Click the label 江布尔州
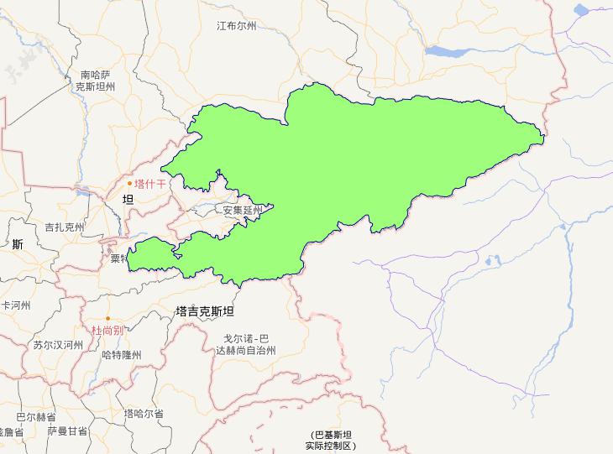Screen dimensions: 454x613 tap(236, 26)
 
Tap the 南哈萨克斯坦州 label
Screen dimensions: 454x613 tap(95, 81)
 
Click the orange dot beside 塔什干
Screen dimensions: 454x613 tap(129, 183)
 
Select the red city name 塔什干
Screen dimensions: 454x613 tap(150, 183)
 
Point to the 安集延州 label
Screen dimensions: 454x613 tap(243, 211)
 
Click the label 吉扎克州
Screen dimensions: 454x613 tap(65, 227)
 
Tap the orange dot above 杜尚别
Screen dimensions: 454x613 tap(107, 319)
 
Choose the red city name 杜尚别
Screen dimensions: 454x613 tap(107, 331)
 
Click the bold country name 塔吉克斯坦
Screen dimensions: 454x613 tap(205, 311)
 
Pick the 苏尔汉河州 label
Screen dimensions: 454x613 tap(58, 345)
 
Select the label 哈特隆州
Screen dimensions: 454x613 tap(121, 355)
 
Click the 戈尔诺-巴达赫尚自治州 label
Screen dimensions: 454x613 tap(244, 345)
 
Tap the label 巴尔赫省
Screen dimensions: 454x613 tap(35, 416)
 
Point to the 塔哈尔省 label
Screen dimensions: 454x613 tap(144, 414)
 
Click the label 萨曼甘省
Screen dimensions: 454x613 tap(67, 431)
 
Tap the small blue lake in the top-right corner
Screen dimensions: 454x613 tap(581, 10)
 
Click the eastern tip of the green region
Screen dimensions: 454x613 tap(543, 134)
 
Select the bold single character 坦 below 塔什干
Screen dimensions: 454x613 tap(128, 200)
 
